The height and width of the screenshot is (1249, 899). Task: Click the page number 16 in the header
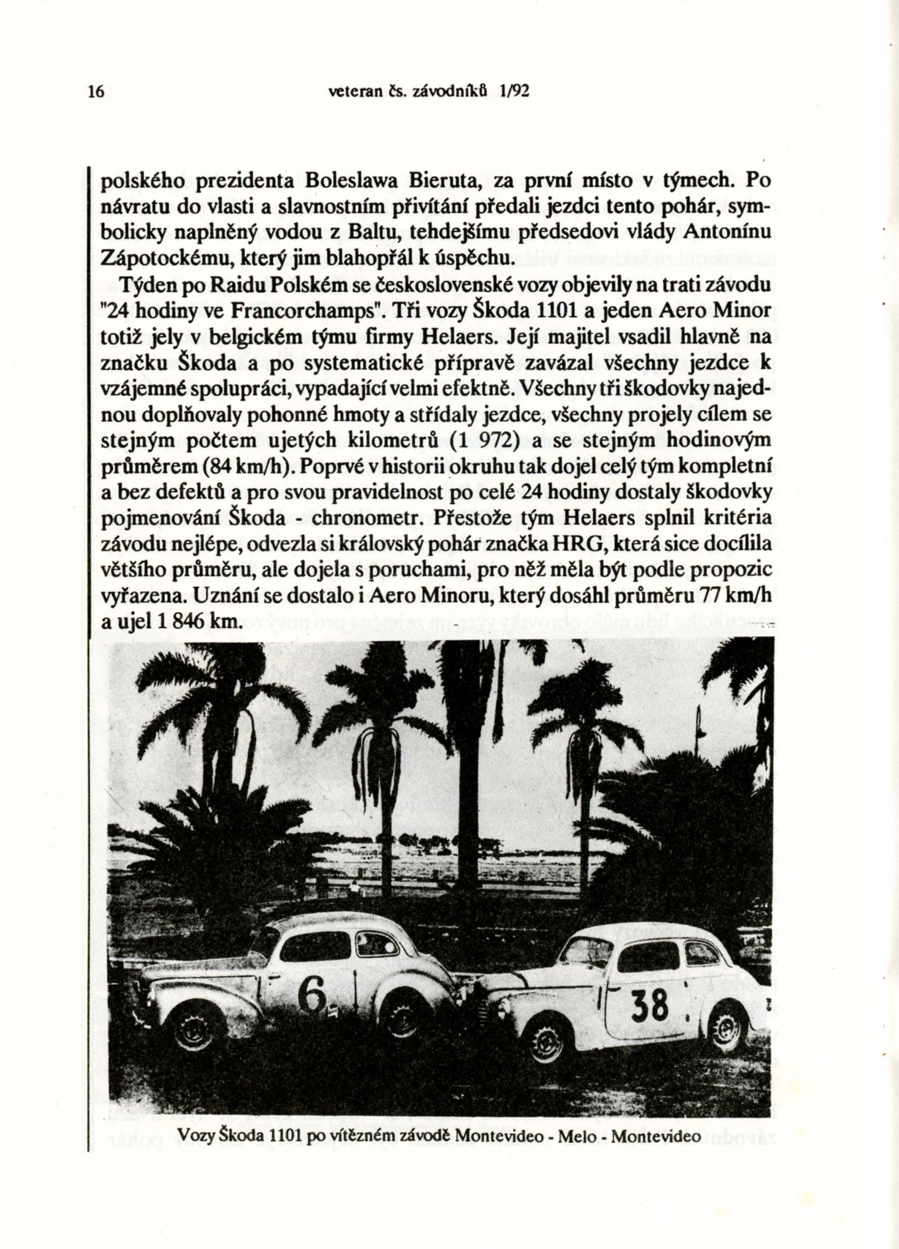click(95, 92)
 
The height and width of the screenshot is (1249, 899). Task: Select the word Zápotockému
click(158, 257)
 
